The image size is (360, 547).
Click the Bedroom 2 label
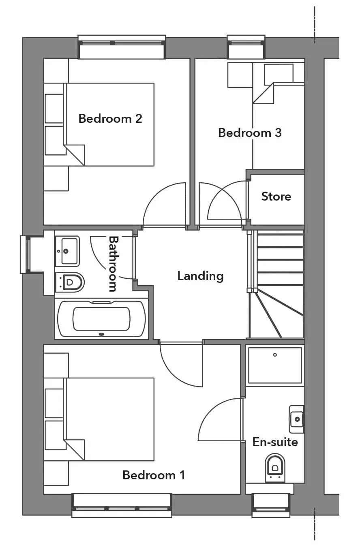(110, 119)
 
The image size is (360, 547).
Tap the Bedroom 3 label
(250, 133)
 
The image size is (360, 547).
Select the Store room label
(276, 197)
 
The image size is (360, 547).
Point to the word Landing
(200, 276)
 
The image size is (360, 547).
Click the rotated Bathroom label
(113, 264)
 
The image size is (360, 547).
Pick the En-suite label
(275, 442)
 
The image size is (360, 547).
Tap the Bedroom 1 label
(154, 475)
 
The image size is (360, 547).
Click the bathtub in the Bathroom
(101, 318)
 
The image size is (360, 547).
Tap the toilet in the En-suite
(275, 468)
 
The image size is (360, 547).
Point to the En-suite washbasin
(296, 419)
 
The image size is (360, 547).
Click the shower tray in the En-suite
(275, 365)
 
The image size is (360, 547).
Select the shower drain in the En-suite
(275, 355)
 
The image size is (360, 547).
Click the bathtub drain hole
(101, 334)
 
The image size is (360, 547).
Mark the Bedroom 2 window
(122, 47)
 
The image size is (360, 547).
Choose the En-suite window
(271, 506)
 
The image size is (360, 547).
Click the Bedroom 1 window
(122, 506)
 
